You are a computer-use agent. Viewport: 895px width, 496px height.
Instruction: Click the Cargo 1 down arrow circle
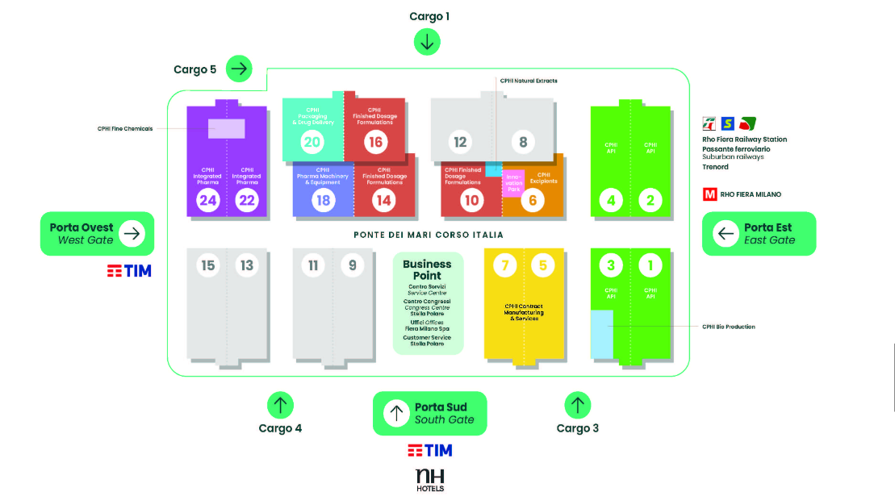(427, 42)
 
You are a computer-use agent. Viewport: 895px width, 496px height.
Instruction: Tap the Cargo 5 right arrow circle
(239, 69)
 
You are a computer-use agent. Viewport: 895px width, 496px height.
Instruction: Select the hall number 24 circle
(208, 200)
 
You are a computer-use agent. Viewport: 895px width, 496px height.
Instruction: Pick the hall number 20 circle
(312, 142)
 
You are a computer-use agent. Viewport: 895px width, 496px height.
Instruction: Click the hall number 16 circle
(374, 142)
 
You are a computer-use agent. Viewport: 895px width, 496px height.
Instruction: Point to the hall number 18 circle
(324, 200)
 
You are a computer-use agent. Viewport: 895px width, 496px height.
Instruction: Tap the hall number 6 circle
(532, 200)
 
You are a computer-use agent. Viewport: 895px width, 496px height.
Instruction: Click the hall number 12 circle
(460, 143)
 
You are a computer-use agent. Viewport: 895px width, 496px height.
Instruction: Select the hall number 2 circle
(650, 200)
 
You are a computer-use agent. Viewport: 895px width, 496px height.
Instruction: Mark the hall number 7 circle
(504, 265)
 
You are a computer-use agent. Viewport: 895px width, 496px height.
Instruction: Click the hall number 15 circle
(208, 265)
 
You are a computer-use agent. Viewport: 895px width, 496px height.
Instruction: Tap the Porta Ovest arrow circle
(132, 234)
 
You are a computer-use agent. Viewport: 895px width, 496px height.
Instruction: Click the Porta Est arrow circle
(726, 234)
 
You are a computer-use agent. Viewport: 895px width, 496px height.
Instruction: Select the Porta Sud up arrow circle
(395, 414)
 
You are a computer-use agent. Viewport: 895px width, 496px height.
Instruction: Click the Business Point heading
(427, 269)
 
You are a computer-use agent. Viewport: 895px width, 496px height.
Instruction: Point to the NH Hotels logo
(429, 479)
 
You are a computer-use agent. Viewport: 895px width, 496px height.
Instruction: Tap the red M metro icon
(710, 194)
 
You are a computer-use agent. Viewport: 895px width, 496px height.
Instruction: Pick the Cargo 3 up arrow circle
(577, 404)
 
